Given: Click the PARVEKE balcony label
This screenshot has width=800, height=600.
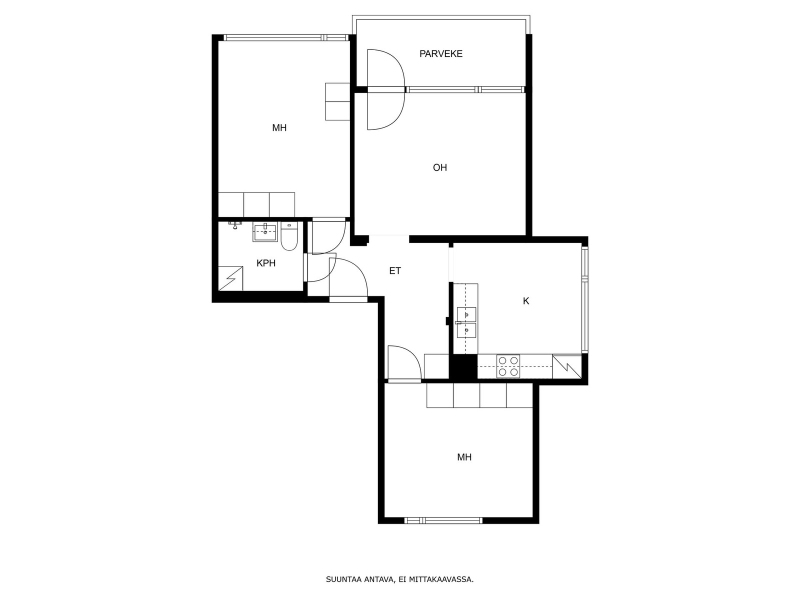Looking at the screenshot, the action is click(440, 54).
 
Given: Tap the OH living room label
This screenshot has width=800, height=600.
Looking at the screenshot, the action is click(439, 167).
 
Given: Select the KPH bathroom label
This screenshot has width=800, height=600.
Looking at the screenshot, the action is click(265, 263).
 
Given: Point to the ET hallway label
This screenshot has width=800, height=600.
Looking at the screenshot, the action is click(394, 270).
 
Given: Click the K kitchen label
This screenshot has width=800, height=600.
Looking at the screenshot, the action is click(525, 301).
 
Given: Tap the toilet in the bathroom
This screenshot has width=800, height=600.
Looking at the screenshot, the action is click(289, 236).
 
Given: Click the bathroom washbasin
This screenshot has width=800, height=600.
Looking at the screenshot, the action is click(265, 231).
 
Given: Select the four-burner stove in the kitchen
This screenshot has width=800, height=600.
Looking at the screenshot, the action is click(508, 366).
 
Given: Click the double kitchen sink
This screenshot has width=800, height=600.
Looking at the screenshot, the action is click(466, 322).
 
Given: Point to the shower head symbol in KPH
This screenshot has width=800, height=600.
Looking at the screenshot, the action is click(236, 224).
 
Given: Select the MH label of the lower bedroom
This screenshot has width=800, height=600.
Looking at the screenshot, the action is click(464, 457).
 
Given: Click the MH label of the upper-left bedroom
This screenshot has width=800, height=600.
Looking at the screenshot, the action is click(279, 128).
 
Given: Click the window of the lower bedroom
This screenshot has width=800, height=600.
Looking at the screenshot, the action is click(443, 520).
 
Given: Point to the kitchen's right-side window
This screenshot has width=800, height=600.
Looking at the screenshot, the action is click(584, 300).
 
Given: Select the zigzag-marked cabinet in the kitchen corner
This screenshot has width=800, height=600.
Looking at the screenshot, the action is click(566, 366).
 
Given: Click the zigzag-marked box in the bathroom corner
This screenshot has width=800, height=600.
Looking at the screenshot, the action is click(230, 278).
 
